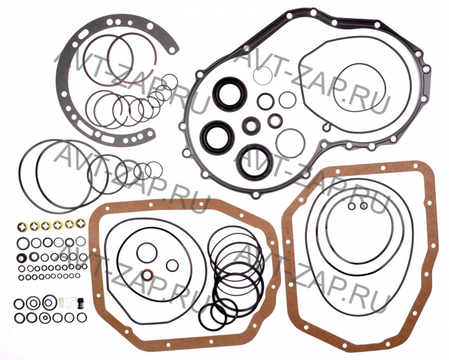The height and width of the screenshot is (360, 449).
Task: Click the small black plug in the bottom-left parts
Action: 80,302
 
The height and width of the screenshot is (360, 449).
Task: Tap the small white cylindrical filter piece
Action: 61,302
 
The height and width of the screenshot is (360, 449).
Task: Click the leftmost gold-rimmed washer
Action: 22,227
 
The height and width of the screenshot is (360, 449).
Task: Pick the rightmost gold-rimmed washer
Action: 81,223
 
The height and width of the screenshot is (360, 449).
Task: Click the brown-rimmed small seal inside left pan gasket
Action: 148,275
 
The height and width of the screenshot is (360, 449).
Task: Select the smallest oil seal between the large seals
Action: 251,125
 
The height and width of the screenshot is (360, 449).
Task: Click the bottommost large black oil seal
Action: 255,163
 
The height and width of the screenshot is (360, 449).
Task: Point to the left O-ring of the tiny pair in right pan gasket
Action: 352,206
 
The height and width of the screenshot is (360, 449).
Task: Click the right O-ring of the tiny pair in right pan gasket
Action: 364,206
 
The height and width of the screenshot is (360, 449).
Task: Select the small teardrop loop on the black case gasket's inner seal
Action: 327,127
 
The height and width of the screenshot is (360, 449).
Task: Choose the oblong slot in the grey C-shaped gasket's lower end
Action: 107,139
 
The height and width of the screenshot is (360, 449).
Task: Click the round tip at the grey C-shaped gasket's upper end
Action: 172,50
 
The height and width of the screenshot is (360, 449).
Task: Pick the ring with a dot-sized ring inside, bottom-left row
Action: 45,317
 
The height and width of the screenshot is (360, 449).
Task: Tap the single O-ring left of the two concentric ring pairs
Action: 19,304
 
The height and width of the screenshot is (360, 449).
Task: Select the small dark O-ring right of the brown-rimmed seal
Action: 173,265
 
